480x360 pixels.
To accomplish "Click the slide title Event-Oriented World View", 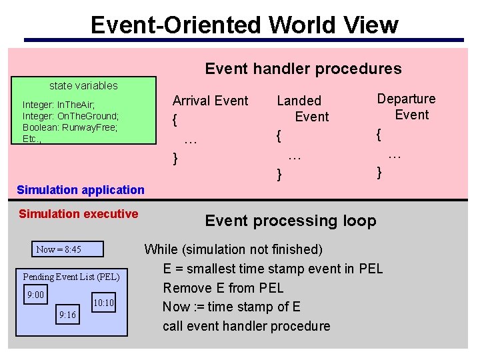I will [244, 25].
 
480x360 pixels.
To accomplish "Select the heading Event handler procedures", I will [303, 69].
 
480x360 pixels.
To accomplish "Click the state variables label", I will [83, 85].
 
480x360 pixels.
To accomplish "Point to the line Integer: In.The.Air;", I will [59, 105].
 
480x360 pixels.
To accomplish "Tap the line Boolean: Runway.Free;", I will [70, 127].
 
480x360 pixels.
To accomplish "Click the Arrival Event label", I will [210, 101].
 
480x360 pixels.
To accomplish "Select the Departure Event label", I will [406, 107].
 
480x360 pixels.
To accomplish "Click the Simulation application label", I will [81, 190].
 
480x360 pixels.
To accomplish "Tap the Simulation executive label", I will [79, 214].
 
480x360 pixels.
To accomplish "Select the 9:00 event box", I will [35, 295].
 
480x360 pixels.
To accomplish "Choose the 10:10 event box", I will [103, 303].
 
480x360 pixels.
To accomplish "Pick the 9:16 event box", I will [67, 315].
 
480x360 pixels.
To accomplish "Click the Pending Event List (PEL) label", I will [71, 277].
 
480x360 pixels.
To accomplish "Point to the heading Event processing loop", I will [291, 221].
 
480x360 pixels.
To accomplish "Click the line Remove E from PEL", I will [223, 288].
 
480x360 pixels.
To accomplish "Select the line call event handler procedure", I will [247, 326].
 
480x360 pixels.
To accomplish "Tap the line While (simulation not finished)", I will [233, 249].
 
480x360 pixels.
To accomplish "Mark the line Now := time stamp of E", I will [231, 307].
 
